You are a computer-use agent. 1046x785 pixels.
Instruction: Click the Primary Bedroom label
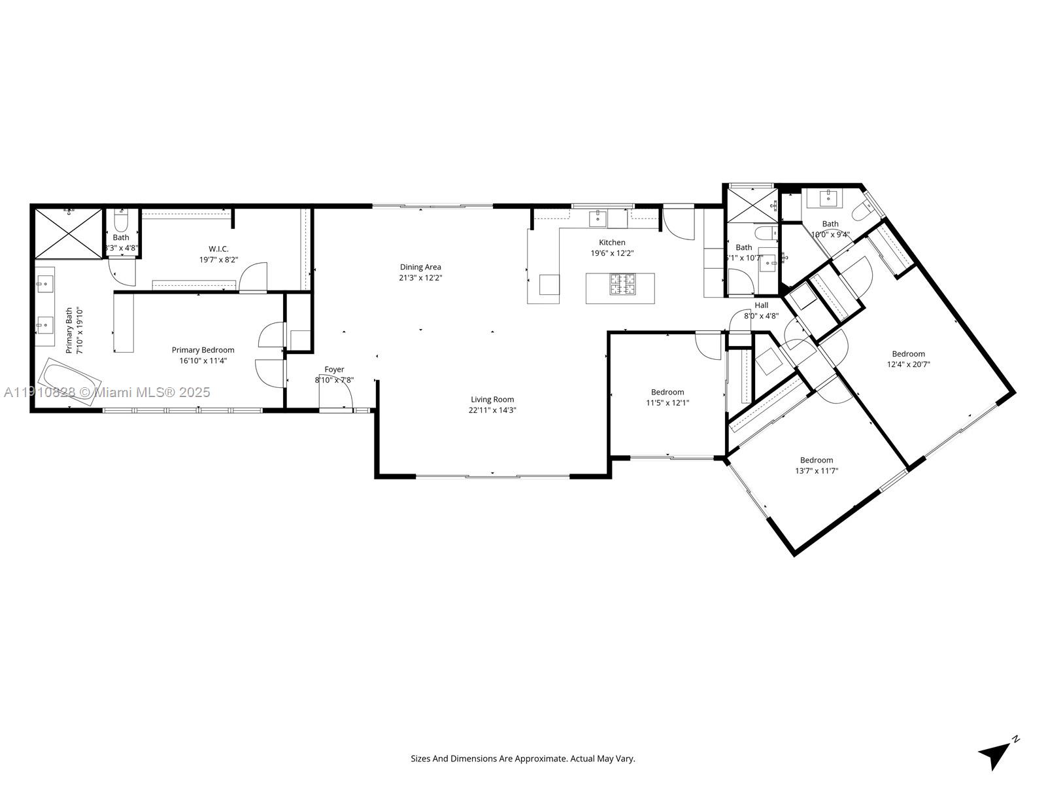pyautogui.click(x=203, y=350)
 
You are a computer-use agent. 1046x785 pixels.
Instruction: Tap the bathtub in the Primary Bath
pyautogui.click(x=69, y=382)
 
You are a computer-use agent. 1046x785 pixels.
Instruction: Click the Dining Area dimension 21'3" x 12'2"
pyautogui.click(x=420, y=277)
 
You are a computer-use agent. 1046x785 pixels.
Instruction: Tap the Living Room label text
pyautogui.click(x=492, y=399)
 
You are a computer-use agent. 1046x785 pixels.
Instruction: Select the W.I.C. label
pyautogui.click(x=218, y=249)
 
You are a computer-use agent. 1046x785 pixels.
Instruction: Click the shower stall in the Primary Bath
pyautogui.click(x=68, y=234)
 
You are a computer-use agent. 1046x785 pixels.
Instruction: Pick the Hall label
pyautogui.click(x=762, y=305)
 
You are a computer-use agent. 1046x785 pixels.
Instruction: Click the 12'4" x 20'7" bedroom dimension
pyautogui.click(x=908, y=364)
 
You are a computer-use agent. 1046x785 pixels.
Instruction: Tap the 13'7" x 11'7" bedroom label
pyautogui.click(x=817, y=460)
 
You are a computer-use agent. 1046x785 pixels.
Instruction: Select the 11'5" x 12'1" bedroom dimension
pyautogui.click(x=667, y=403)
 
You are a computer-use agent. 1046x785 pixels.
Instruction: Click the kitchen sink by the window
pyautogui.click(x=598, y=218)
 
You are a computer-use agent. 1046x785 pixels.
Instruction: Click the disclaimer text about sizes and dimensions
pyautogui.click(x=522, y=759)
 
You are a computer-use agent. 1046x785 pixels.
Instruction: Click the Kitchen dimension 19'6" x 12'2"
pyautogui.click(x=612, y=253)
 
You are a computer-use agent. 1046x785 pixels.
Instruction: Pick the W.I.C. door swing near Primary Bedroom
pyautogui.click(x=255, y=277)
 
